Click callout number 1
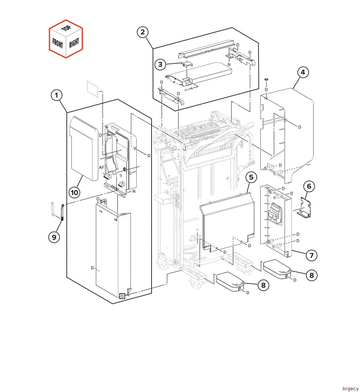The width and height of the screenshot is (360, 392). click(x=56, y=96)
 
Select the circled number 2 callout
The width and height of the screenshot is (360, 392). click(x=142, y=32)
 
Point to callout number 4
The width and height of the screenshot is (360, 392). click(x=303, y=72)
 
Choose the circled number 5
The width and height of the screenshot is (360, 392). click(x=251, y=177)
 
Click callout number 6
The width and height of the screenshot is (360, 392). click(x=309, y=187)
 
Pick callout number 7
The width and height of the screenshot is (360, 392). click(x=311, y=255)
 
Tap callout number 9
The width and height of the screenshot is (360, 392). click(x=54, y=237)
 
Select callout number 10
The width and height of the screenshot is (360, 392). click(x=74, y=192)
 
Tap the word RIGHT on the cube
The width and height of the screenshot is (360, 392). click(x=74, y=43)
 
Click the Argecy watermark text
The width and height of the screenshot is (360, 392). click(x=350, y=389)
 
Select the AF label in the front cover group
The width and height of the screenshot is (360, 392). click(x=102, y=168)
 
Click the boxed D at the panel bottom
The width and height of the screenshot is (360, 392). click(x=123, y=296)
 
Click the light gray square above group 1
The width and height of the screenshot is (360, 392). click(x=93, y=89)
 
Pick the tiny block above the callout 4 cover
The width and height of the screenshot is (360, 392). click(x=266, y=79)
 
